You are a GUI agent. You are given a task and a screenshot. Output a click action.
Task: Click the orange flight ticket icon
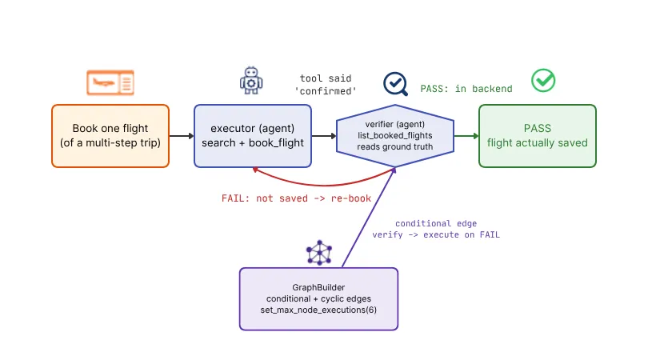click(x=110, y=82)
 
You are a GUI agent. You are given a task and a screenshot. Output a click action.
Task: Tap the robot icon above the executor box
click(x=251, y=81)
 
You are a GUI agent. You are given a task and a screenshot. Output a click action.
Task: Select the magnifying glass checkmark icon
click(x=395, y=84)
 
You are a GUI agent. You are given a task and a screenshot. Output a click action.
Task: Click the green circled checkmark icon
click(x=543, y=81)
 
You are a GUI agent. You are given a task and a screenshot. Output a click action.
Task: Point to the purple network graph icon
click(x=319, y=253)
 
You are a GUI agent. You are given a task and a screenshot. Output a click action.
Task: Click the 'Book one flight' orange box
click(x=110, y=136)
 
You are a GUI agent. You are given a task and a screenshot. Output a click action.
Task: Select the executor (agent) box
click(x=253, y=136)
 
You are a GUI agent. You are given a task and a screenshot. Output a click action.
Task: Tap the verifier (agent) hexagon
click(x=395, y=136)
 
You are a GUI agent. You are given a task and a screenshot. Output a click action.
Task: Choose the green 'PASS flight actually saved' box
click(x=538, y=136)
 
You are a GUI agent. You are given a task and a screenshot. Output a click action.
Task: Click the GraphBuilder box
click(x=318, y=299)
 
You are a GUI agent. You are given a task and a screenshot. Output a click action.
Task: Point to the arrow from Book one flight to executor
click(x=182, y=136)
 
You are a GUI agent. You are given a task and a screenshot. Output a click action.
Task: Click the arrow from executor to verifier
click(x=324, y=136)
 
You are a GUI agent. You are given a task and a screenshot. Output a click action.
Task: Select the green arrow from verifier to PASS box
click(x=466, y=136)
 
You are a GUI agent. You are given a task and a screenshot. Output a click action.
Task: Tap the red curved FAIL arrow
click(x=324, y=184)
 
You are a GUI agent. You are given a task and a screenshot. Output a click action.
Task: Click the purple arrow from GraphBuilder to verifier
click(x=369, y=218)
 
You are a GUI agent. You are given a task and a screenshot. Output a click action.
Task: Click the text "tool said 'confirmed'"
click(x=326, y=85)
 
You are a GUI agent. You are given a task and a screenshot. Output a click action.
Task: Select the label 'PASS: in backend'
click(x=466, y=89)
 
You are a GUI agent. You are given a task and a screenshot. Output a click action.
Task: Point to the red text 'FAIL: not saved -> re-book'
click(x=296, y=198)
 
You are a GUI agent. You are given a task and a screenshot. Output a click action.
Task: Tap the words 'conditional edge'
click(x=436, y=224)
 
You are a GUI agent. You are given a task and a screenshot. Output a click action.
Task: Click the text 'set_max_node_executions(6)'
click(x=318, y=310)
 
